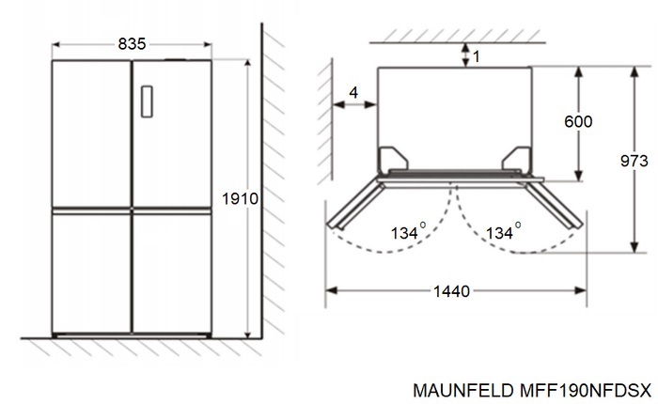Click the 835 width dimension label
[132, 43]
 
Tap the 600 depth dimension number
[579, 121]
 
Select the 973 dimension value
[635, 161]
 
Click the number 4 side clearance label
[352, 91]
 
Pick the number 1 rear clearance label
[476, 56]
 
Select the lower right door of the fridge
[171, 272]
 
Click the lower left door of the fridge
[91, 272]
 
